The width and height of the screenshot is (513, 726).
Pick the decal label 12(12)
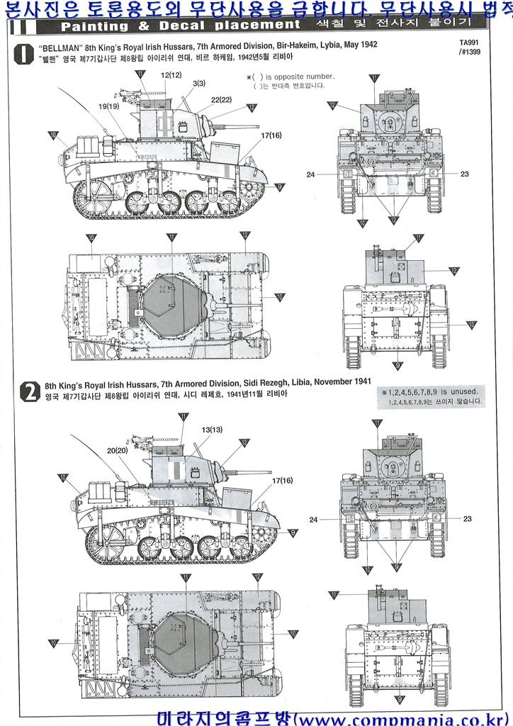[171, 74]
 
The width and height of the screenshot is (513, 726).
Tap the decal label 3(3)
[198, 84]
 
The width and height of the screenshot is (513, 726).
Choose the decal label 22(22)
[221, 99]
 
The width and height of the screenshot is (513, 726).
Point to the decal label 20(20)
[118, 450]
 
